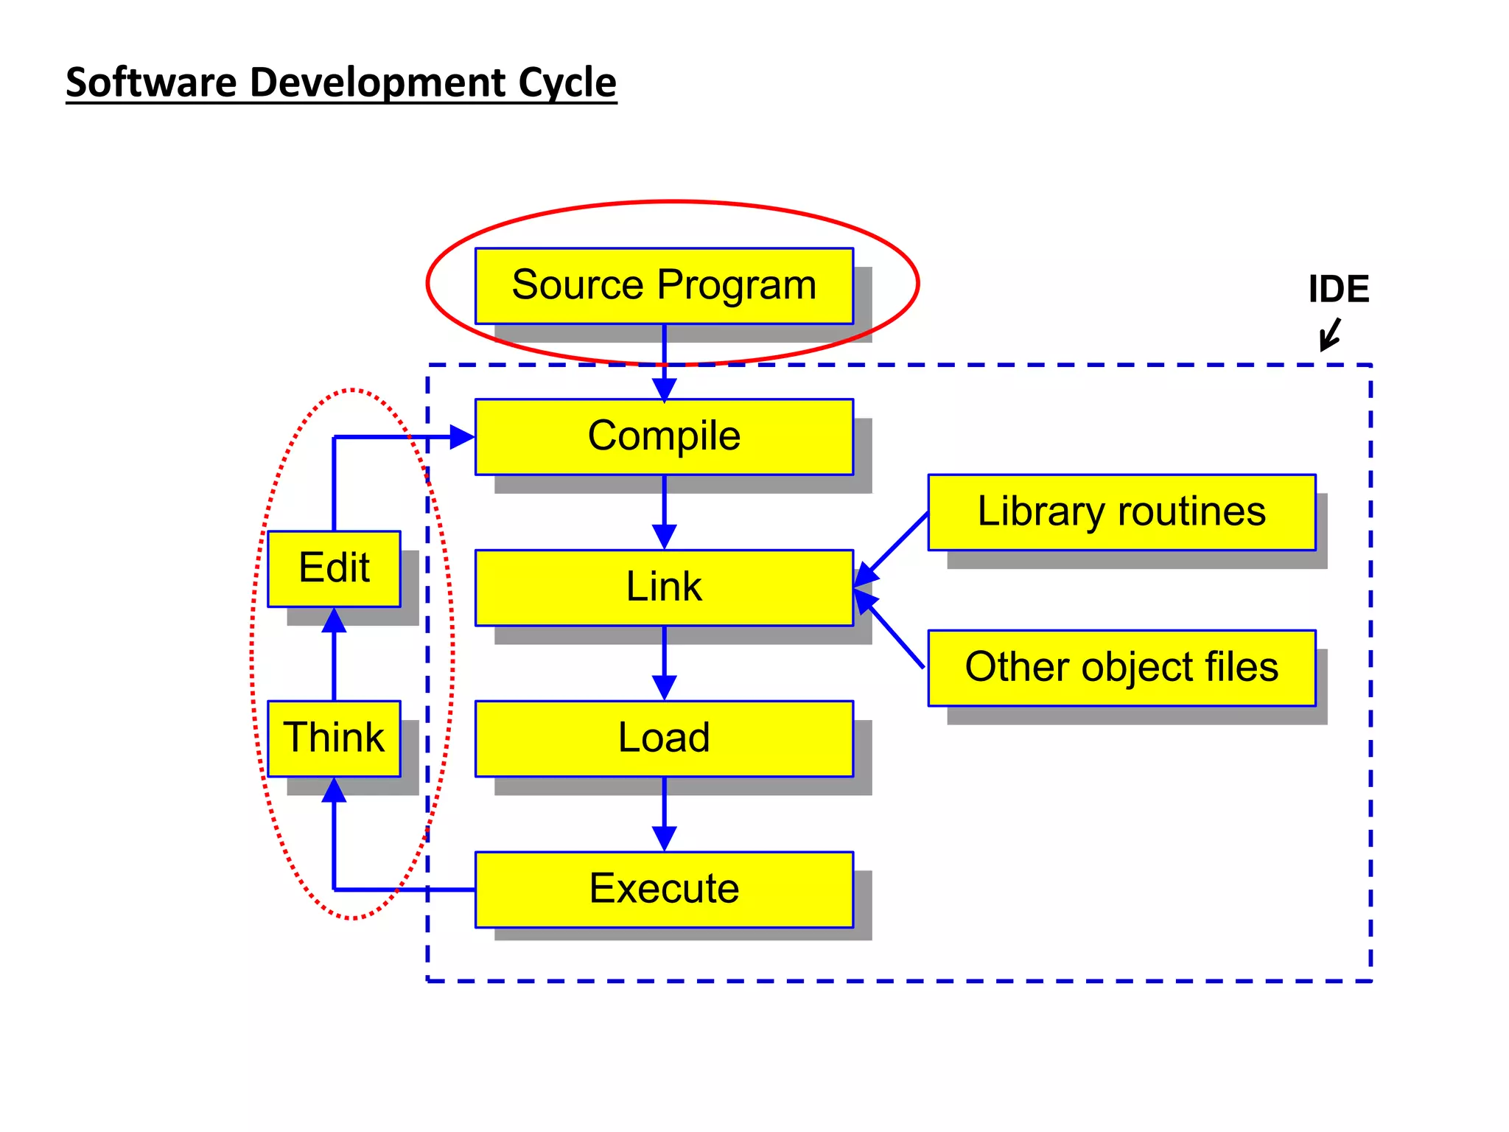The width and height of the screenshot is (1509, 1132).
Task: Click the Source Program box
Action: click(x=664, y=286)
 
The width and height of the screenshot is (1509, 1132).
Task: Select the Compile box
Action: click(x=664, y=436)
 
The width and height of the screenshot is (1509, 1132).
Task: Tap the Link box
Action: click(x=664, y=587)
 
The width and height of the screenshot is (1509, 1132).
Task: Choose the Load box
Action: click(x=664, y=738)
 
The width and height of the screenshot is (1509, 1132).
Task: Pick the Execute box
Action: click(x=664, y=890)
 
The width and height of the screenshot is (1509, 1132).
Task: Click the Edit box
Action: click(x=334, y=568)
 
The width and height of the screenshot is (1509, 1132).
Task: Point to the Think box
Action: click(x=334, y=738)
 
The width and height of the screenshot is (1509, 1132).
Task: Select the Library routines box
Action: click(x=1121, y=512)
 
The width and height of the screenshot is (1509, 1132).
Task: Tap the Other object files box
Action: click(x=1121, y=668)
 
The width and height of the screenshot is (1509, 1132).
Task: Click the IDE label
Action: click(x=1338, y=289)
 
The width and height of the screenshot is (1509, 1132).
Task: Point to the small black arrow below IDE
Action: click(x=1330, y=335)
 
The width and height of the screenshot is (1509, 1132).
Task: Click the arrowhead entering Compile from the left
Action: click(x=462, y=437)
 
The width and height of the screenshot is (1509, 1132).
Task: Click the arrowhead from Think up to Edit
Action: click(x=334, y=621)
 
